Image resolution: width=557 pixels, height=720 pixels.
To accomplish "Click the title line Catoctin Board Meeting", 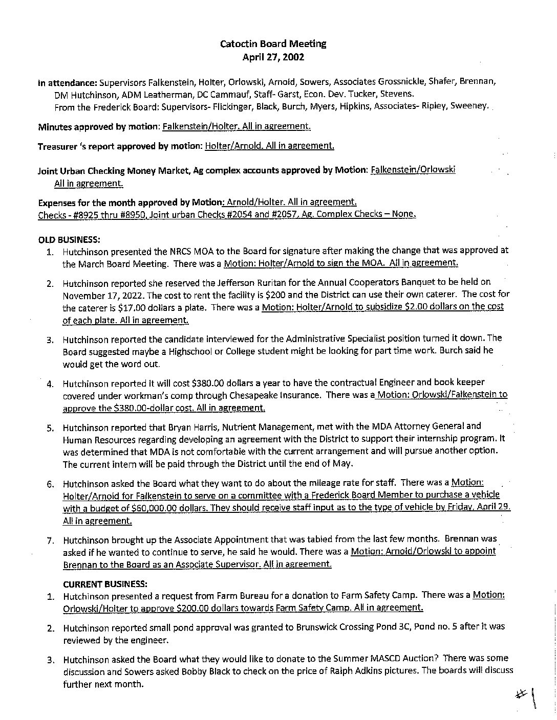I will click(273, 44).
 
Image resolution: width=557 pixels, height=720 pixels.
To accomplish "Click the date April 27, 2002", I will click(273, 57).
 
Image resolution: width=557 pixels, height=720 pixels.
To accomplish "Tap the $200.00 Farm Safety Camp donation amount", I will click(194, 608).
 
